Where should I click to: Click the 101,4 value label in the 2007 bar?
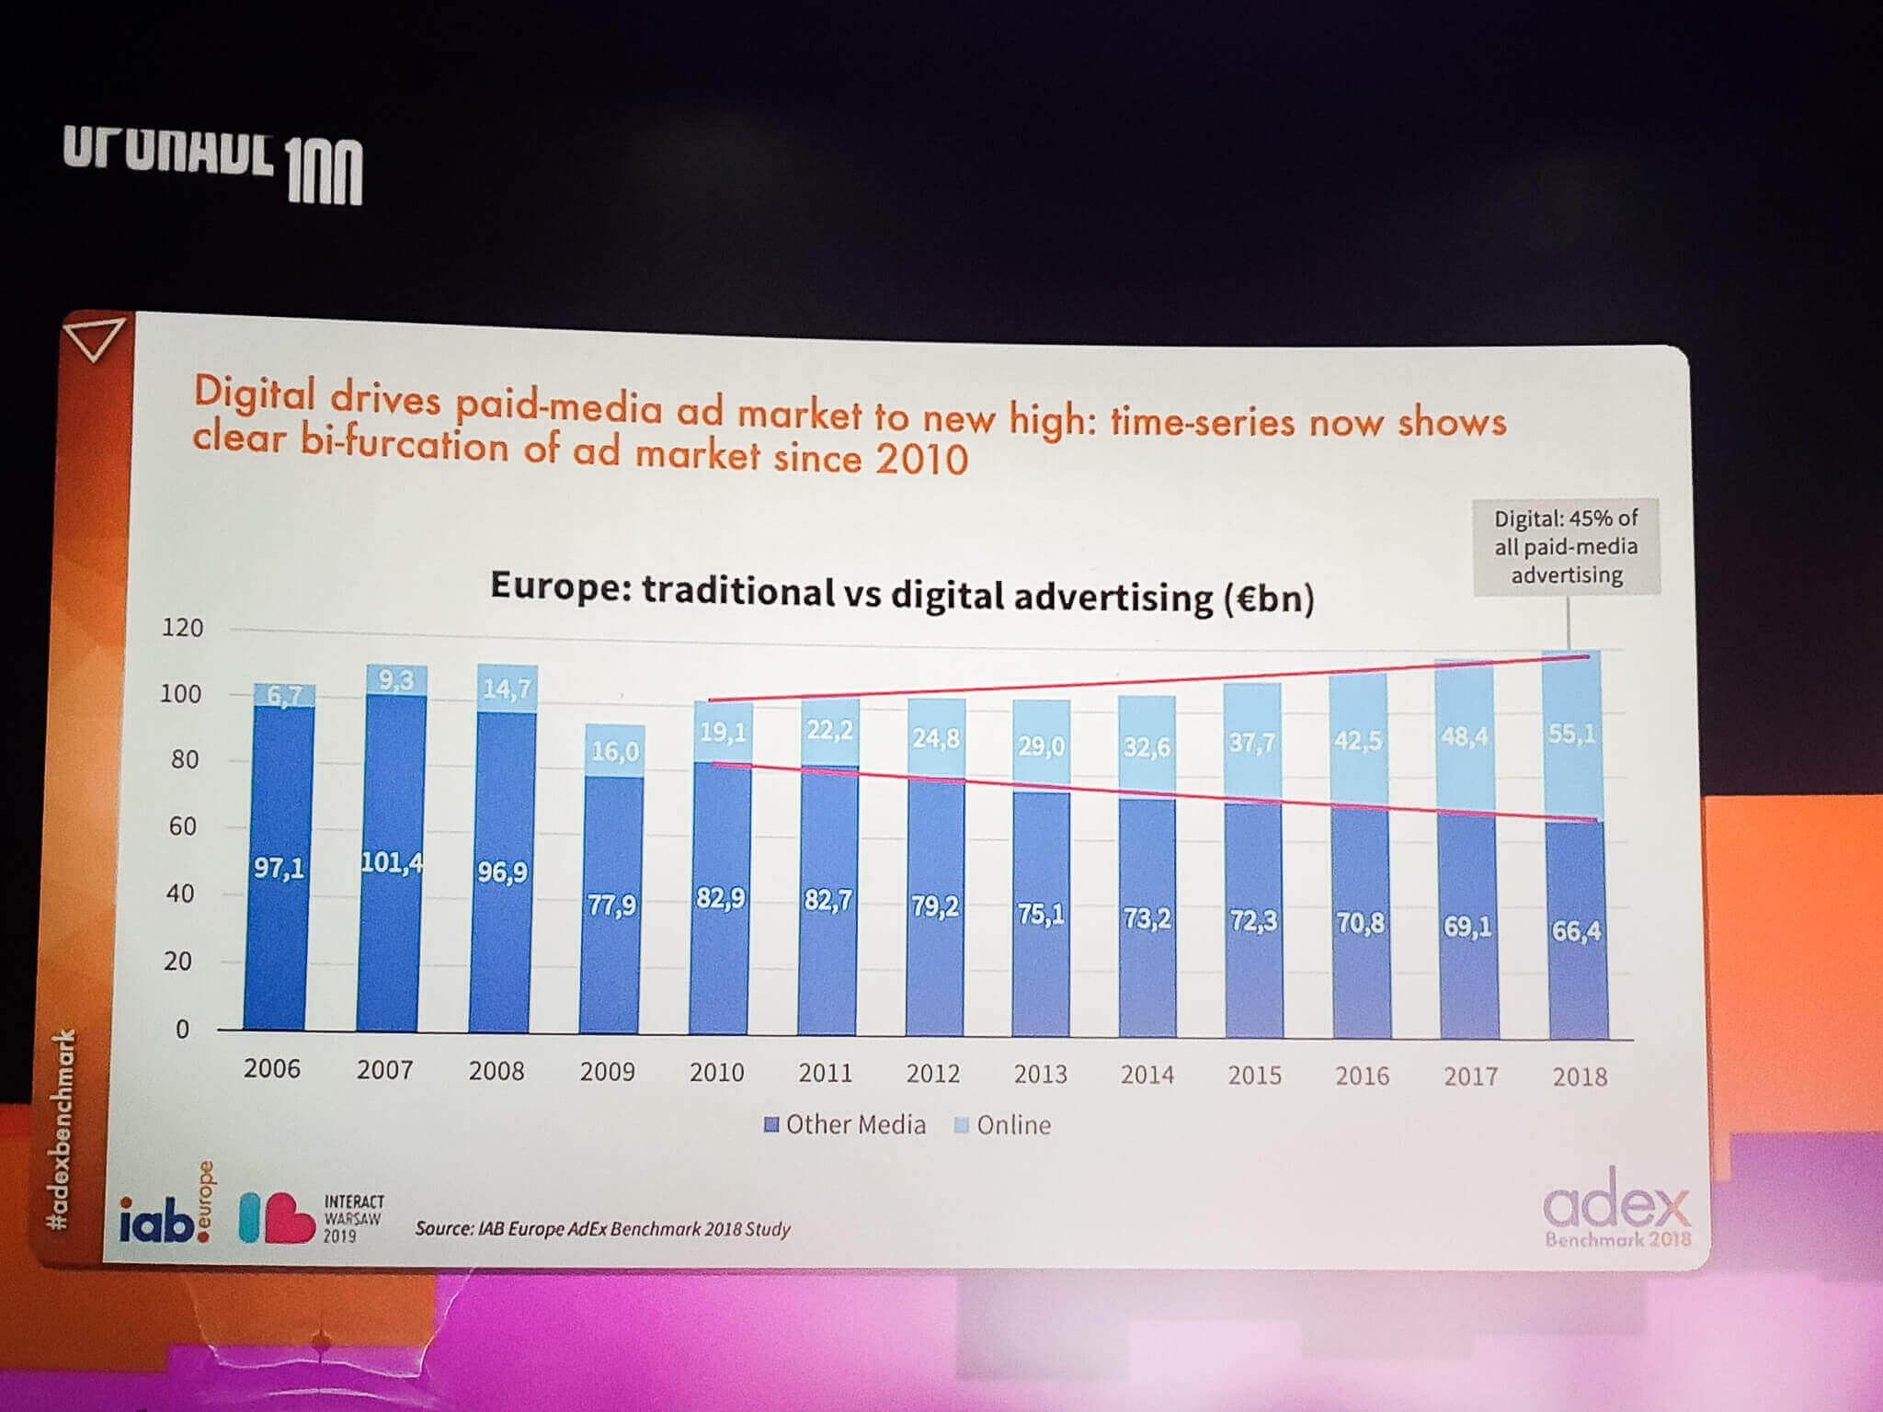click(x=392, y=862)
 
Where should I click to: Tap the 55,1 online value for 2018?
click(x=1571, y=734)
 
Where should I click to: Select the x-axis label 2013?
click(x=1040, y=1074)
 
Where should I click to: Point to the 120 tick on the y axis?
click(x=182, y=628)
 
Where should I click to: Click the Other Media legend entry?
click(x=845, y=1124)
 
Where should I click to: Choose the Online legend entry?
click(x=1003, y=1125)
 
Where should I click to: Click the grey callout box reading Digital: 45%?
click(x=1566, y=547)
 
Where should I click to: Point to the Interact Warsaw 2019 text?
click(x=353, y=1218)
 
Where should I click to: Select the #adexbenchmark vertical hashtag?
click(x=61, y=1130)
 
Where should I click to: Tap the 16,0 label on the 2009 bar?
click(x=614, y=751)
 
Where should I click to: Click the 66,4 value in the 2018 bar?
click(x=1576, y=930)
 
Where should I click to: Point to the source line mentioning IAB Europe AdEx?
click(x=602, y=1228)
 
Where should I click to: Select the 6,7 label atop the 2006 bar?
click(x=283, y=696)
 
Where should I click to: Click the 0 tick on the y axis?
click(x=182, y=1029)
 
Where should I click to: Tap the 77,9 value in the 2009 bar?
click(x=611, y=905)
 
